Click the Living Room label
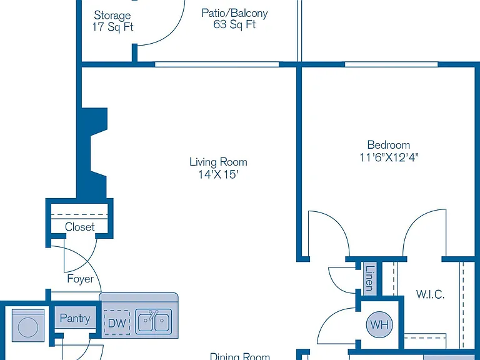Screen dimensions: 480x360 (218, 162)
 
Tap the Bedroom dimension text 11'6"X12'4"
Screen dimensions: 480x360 (389, 157)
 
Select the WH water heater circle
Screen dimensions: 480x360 (379, 324)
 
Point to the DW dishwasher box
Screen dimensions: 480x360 (117, 322)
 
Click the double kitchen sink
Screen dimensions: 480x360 (154, 321)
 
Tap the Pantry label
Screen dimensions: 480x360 (75, 318)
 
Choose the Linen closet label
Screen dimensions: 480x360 (370, 278)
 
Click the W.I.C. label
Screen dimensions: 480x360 (430, 294)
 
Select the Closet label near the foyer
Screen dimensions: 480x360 (79, 227)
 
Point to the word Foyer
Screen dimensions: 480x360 (81, 279)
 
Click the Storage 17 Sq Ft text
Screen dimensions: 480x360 (112, 21)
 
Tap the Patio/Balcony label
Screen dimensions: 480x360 (234, 13)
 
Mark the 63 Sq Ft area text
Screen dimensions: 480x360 (234, 24)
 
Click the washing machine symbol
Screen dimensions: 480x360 (28, 326)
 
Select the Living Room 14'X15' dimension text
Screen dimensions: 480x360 (218, 174)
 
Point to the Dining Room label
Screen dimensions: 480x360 (240, 356)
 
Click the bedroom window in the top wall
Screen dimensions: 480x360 (391, 64)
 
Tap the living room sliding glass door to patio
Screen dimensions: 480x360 (217, 64)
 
